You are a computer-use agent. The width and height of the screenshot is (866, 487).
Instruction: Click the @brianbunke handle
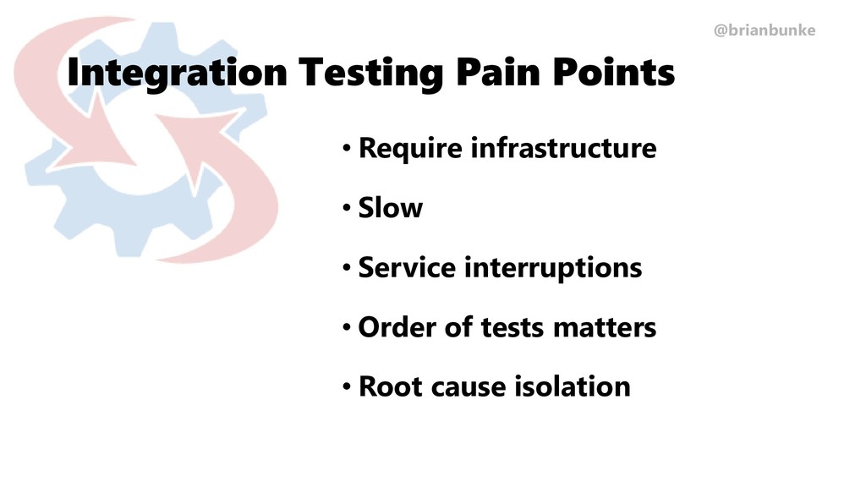pos(765,30)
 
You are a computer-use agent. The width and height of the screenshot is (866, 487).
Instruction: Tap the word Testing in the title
pos(369,73)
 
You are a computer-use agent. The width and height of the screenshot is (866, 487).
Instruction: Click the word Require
pos(410,149)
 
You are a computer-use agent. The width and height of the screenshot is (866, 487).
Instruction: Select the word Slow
pos(391,207)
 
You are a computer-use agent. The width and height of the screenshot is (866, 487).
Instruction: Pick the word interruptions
pos(553,268)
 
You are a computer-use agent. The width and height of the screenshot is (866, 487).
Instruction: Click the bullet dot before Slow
pos(347,209)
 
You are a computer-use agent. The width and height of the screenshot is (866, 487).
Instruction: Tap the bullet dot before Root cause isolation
pos(347,388)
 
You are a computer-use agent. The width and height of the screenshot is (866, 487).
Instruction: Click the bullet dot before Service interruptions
pos(347,269)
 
